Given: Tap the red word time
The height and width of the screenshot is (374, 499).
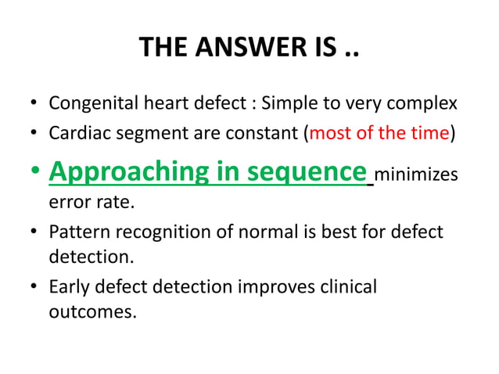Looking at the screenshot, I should [429, 133].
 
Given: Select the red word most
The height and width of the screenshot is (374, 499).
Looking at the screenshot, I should [329, 133].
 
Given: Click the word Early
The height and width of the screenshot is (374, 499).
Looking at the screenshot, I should [68, 287].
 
